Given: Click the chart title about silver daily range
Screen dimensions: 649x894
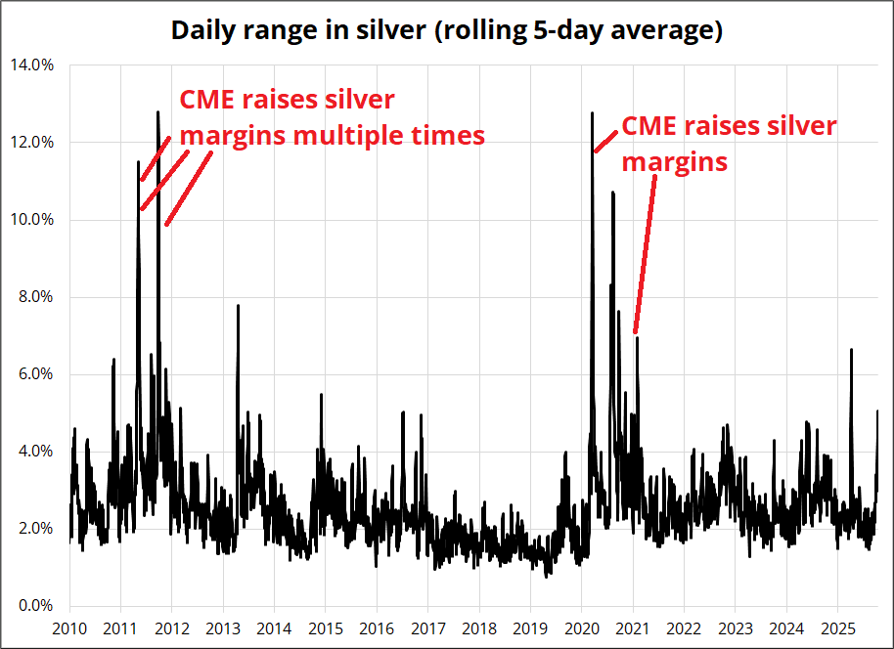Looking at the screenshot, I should click(447, 30).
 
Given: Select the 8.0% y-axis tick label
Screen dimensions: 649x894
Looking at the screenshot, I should click(35, 297).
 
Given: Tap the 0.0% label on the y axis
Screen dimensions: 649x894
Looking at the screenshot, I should click(35, 606).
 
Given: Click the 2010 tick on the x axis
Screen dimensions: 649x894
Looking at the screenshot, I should click(69, 627).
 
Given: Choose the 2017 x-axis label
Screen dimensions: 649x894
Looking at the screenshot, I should click(428, 627).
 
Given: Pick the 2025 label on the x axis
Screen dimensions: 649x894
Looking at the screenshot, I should click(838, 627).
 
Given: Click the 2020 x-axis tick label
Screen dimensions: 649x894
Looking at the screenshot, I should click(582, 627).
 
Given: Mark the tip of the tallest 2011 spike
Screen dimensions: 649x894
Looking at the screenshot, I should click(157, 111).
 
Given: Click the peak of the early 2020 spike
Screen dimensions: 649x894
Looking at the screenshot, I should click(592, 112).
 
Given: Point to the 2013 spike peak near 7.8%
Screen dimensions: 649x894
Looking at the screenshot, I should click(238, 305).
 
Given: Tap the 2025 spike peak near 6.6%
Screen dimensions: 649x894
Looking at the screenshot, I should click(851, 349).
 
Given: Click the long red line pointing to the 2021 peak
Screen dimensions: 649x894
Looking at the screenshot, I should click(646, 254).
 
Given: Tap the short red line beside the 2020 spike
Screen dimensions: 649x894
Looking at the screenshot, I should click(605, 140).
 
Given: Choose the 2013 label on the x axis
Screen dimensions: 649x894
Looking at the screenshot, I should click(223, 627).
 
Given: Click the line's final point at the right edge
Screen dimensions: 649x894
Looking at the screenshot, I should click(877, 411).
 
